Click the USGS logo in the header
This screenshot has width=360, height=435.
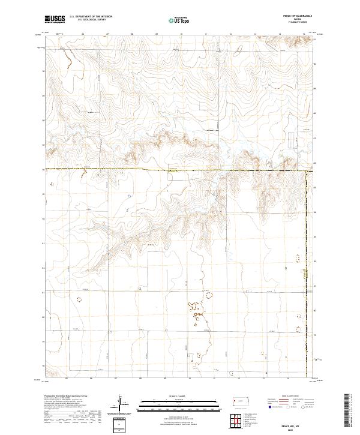click(54, 19)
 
